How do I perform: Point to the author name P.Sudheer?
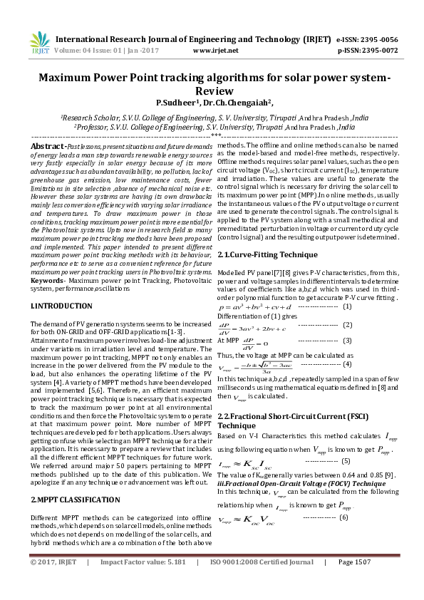tap(177, 103)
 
